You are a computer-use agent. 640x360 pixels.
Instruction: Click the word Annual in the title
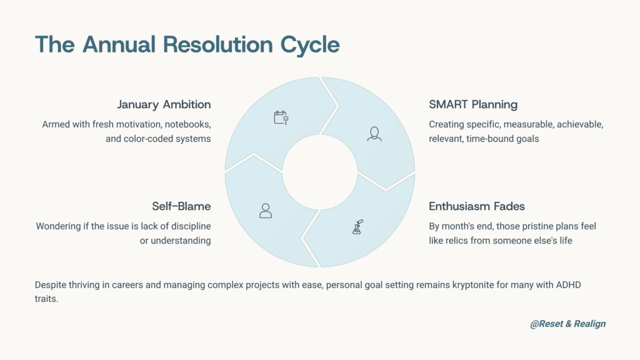click(119, 44)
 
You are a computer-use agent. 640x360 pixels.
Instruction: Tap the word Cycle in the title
click(310, 45)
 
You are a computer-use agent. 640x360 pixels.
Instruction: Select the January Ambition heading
click(164, 104)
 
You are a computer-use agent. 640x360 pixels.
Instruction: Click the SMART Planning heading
click(473, 104)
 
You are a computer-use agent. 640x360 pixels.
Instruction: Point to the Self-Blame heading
click(181, 206)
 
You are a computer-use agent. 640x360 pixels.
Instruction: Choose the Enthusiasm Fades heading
click(477, 206)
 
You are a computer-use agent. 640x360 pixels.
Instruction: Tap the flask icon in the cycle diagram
click(357, 227)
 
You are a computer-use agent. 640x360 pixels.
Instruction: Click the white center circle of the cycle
click(320, 172)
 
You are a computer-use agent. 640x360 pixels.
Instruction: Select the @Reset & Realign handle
click(567, 324)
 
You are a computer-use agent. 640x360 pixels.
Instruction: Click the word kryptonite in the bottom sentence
click(473, 285)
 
